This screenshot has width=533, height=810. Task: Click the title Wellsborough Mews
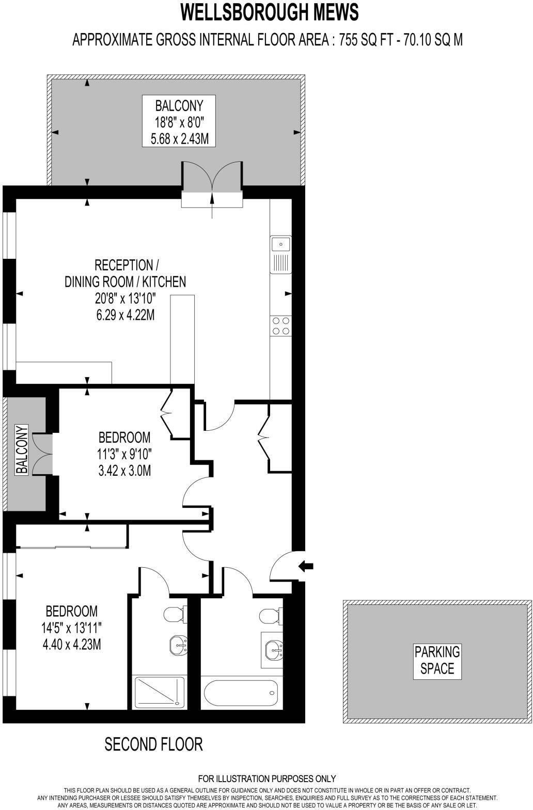(269, 12)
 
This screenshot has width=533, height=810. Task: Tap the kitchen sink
(280, 254)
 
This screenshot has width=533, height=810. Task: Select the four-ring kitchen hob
(280, 325)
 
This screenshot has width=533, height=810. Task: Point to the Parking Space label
(437, 660)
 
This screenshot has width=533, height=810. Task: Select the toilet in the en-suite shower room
(180, 614)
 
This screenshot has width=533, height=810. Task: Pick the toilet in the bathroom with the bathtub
(270, 616)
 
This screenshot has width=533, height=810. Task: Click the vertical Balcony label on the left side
(22, 449)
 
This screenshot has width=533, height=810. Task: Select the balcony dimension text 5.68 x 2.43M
(179, 139)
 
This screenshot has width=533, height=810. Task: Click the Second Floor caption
(153, 744)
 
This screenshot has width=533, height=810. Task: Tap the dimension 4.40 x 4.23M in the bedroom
(71, 645)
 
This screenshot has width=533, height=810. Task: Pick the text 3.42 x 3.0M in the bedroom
(124, 471)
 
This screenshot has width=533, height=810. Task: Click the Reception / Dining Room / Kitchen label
(125, 274)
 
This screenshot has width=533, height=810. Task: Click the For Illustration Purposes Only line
(266, 778)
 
